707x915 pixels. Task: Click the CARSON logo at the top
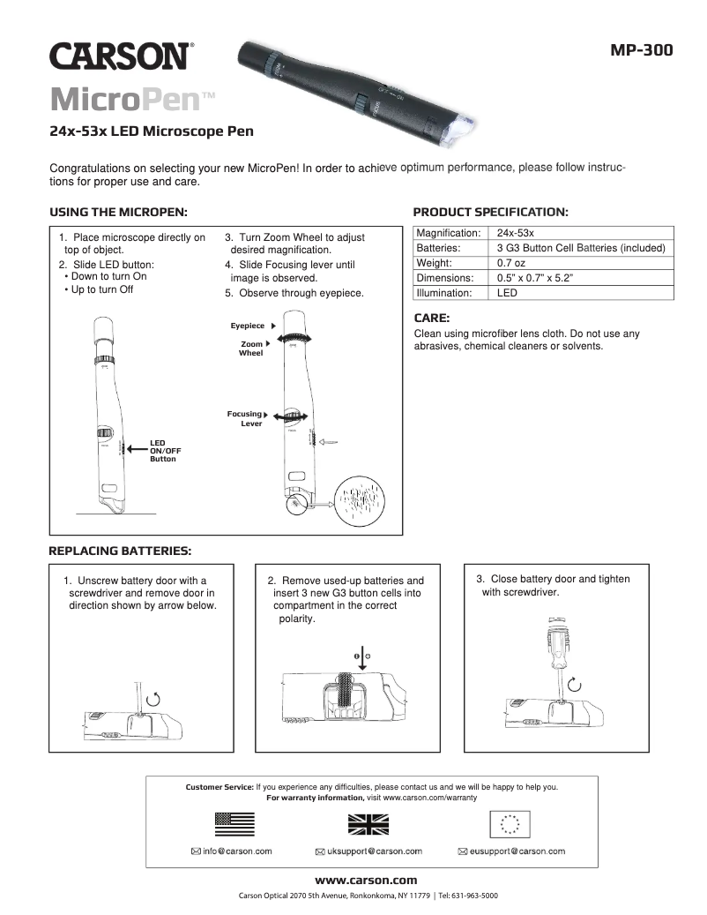119,56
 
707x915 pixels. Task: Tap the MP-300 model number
641,50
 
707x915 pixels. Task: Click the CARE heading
432,318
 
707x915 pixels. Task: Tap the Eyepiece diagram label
248,326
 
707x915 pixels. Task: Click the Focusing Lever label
246,418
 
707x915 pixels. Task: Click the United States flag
234,824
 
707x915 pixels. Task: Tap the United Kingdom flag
368,824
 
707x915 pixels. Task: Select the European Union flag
510,824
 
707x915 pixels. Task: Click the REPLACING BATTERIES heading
120,551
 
